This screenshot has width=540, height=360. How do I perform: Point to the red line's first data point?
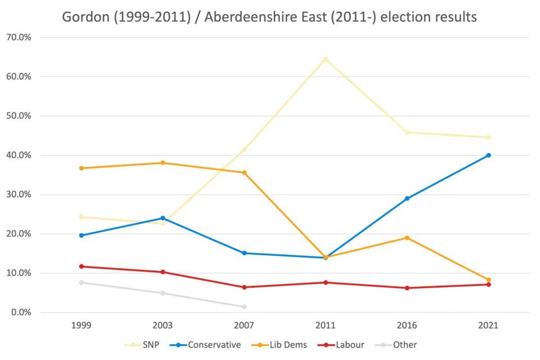[81, 266]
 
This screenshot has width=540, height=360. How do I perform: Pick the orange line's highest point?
[162, 163]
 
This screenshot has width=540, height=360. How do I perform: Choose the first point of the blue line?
[81, 236]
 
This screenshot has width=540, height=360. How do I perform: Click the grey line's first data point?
[81, 283]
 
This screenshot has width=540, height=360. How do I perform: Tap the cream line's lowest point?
[162, 223]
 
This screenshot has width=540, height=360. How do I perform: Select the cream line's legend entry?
[143, 345]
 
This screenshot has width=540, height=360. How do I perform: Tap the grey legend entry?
[402, 345]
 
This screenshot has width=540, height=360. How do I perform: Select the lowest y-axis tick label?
[18, 313]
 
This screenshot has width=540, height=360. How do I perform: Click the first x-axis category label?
[81, 326]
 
